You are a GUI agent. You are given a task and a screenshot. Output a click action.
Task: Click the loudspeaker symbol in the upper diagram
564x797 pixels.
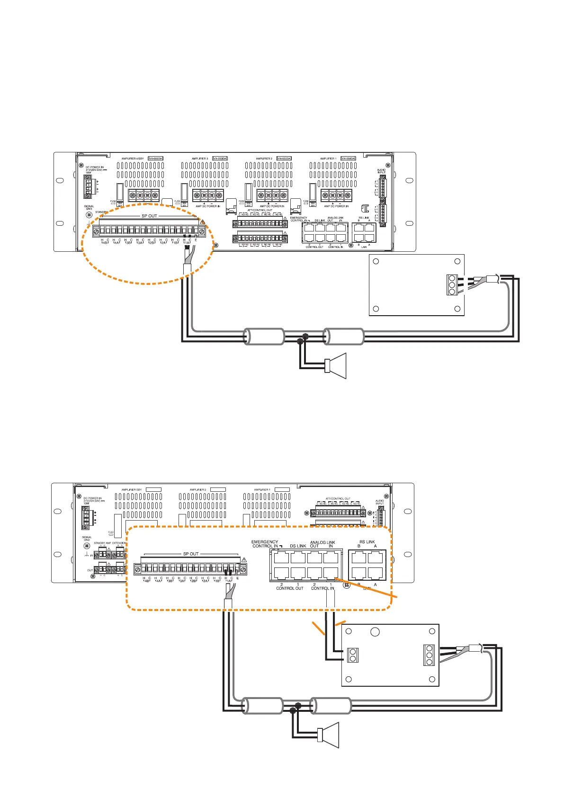tap(337, 366)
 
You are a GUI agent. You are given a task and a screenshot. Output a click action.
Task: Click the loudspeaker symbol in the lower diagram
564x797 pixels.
tap(330, 735)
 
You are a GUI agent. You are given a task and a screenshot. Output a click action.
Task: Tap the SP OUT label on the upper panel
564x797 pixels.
tap(149, 216)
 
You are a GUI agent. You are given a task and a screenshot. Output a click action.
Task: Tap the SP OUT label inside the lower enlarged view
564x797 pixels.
tap(191, 554)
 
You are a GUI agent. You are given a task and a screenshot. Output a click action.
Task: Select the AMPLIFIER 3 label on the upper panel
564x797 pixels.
tap(200, 159)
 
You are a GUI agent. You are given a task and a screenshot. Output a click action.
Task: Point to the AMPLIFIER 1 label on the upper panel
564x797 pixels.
tap(328, 159)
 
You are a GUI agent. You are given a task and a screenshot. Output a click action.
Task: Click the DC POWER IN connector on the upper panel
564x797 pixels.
tap(88, 186)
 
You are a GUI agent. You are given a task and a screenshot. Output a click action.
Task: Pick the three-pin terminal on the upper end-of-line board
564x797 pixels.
tap(452, 285)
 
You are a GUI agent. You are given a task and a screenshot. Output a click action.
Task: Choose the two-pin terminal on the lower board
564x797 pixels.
tap(353, 655)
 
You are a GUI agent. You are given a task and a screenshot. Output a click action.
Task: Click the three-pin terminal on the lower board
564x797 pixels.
tap(430, 655)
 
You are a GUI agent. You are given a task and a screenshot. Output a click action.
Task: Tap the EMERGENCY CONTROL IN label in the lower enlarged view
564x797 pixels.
tap(265, 544)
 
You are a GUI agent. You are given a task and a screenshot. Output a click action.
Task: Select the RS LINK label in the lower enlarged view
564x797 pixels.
tap(367, 542)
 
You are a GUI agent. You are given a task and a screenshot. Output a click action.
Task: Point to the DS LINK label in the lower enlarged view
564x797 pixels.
tap(298, 546)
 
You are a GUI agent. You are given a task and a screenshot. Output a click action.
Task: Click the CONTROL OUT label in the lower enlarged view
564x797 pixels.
tap(289, 588)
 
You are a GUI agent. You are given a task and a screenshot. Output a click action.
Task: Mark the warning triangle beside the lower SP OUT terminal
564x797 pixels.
tap(244, 560)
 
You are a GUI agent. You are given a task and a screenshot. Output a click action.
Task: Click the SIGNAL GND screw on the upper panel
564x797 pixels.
tap(89, 215)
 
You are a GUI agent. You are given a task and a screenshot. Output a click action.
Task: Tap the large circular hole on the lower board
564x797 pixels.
tap(375, 632)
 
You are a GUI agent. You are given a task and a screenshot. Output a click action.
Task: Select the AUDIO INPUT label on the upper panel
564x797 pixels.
tap(381, 171)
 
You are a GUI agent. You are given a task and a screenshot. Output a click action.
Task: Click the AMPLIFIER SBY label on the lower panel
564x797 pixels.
tap(132, 490)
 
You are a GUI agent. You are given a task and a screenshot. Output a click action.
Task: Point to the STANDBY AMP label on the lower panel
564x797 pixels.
tap(102, 543)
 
